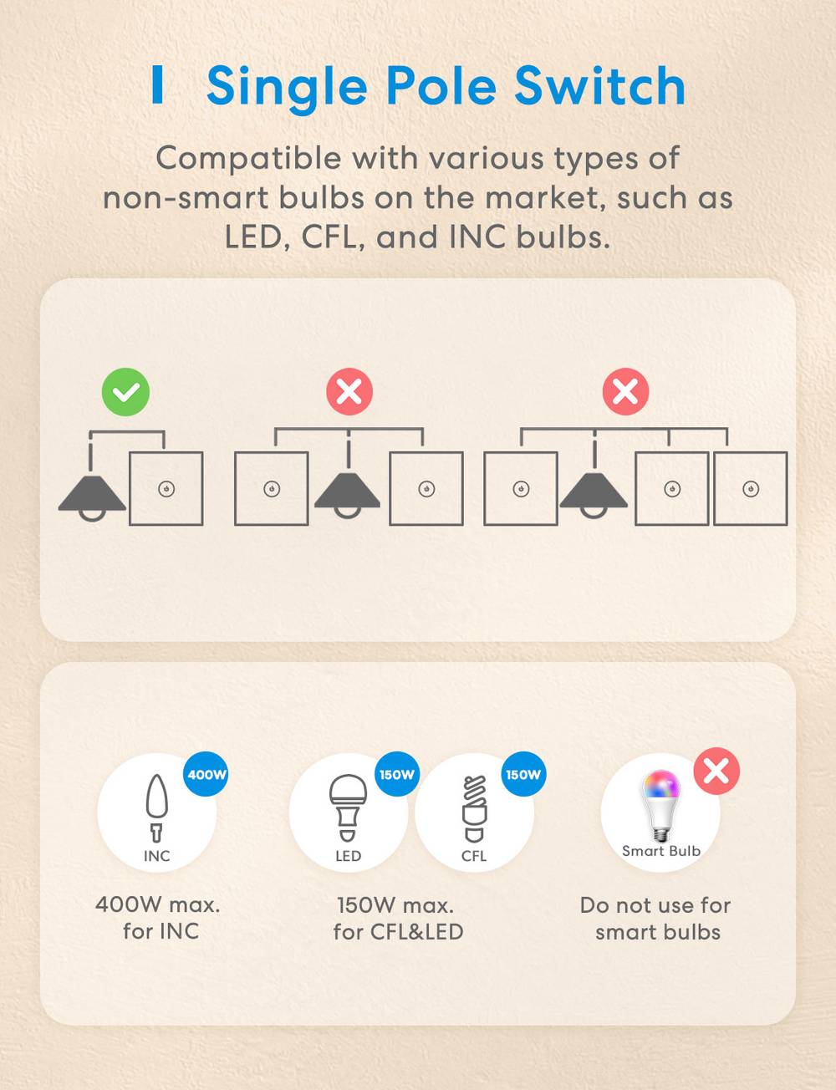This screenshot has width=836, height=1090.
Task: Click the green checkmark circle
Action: coord(125,392)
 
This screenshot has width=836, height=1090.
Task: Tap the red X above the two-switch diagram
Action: coord(349,391)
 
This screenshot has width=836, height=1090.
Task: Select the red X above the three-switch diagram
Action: coord(625,391)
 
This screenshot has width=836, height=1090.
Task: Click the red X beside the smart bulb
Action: coord(716,771)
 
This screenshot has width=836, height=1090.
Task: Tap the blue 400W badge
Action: coord(206,774)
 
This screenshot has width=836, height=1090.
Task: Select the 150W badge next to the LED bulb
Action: coord(397,774)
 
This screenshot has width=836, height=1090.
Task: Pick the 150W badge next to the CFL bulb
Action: coord(523,774)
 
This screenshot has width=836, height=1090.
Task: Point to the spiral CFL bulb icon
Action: coord(474,808)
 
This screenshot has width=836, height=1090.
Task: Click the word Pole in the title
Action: coord(441,86)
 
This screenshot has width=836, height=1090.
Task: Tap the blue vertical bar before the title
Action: coord(157,84)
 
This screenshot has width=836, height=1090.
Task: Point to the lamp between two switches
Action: coord(347,495)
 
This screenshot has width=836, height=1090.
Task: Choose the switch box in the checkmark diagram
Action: coord(166,488)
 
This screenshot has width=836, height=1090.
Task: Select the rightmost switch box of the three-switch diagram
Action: coord(750,488)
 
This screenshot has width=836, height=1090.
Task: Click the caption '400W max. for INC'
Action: coord(159,919)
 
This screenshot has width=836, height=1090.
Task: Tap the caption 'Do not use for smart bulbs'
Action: coord(655,919)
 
